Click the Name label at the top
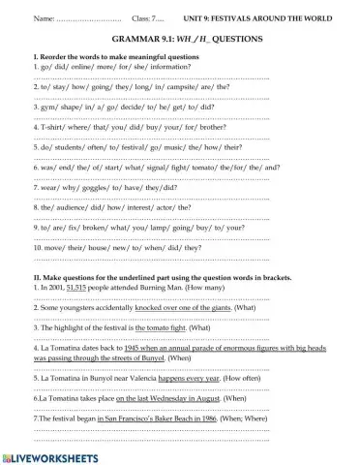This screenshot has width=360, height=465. (44, 18)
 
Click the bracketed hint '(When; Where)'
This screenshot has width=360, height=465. (229, 419)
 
